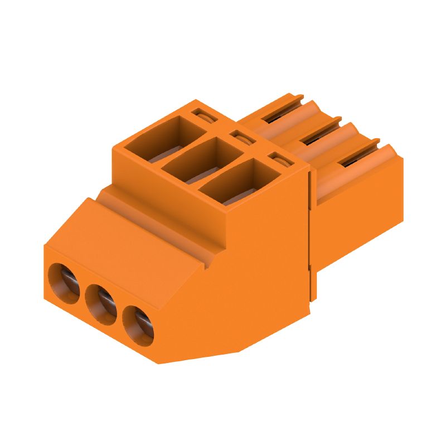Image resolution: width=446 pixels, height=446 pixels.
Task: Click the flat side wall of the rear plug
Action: (x=357, y=223)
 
